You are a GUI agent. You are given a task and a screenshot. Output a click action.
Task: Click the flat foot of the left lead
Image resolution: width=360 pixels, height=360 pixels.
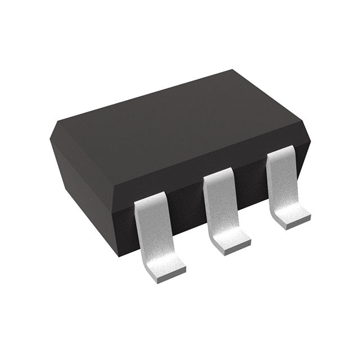click(164, 270)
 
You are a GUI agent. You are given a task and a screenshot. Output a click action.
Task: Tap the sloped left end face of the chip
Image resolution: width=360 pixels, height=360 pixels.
click(79, 169)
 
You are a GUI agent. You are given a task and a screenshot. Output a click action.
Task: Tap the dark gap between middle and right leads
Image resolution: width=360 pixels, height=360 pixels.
click(251, 188)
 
